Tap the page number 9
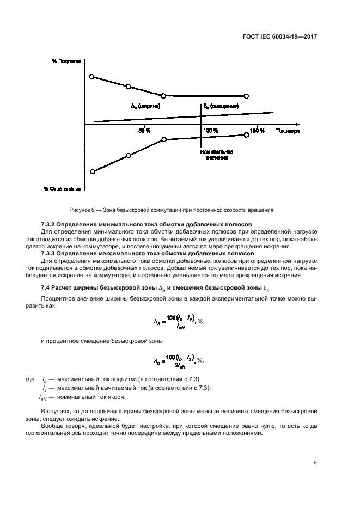[x=315, y=463]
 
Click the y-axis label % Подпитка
[x=66, y=62]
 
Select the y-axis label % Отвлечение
[x=63, y=189]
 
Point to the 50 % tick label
[x=144, y=131]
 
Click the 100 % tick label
[x=211, y=131]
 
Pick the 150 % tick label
[x=257, y=131]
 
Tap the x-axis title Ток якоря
[x=288, y=131]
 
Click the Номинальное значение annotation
[x=216, y=154]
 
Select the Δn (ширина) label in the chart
[x=146, y=106]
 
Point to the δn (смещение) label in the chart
[x=221, y=106]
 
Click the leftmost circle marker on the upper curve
[x=92, y=77]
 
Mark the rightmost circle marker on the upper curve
[x=246, y=96]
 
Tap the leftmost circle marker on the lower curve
[x=92, y=172]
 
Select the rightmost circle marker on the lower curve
[x=246, y=135]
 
